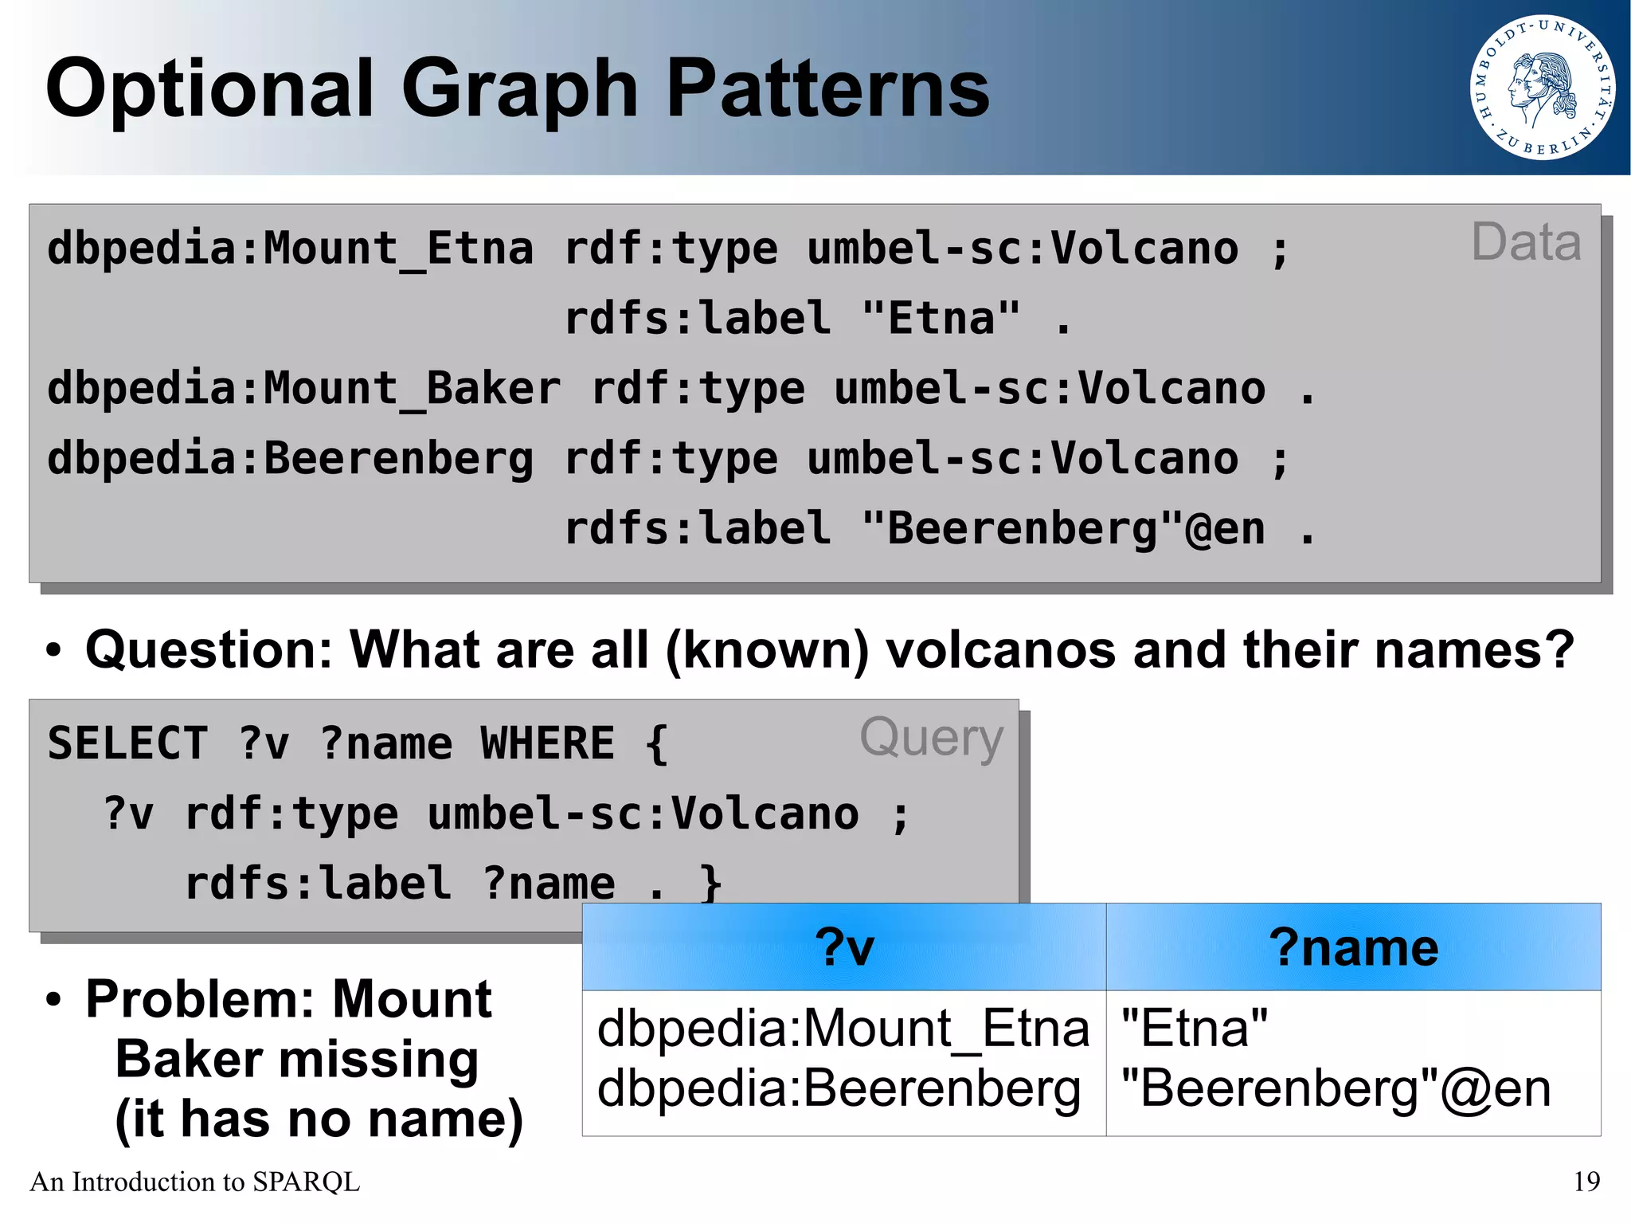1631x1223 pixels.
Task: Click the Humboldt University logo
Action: [1542, 88]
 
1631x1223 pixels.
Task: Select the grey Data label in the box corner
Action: [1525, 242]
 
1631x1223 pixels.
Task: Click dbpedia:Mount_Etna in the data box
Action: [290, 249]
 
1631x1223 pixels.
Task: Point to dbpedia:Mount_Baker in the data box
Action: [303, 389]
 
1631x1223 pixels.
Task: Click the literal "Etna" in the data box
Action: [941, 319]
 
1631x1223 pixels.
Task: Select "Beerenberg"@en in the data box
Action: [1063, 529]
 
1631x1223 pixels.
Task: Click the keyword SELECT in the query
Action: [127, 743]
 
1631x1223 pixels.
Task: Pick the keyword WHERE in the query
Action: [547, 743]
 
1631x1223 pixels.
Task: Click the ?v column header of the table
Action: [844, 947]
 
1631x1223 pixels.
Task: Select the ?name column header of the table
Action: [1353, 947]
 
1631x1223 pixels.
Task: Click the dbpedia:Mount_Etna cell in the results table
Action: [843, 1028]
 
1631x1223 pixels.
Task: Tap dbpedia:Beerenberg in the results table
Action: [839, 1088]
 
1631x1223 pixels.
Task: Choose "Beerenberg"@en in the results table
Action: [1336, 1088]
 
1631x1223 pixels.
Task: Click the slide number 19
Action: [1586, 1182]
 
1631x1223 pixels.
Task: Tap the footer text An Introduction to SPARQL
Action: [195, 1182]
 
